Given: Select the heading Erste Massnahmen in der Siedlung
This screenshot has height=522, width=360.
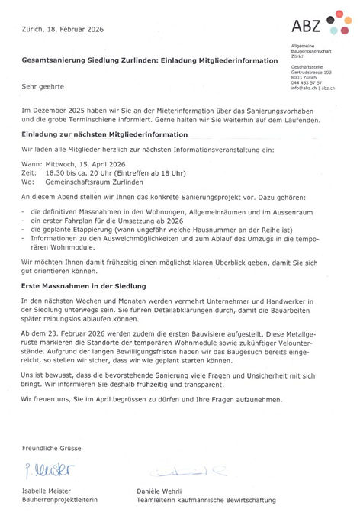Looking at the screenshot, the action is (x=84, y=285).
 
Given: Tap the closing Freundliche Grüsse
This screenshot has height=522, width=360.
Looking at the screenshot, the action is (x=51, y=447).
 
